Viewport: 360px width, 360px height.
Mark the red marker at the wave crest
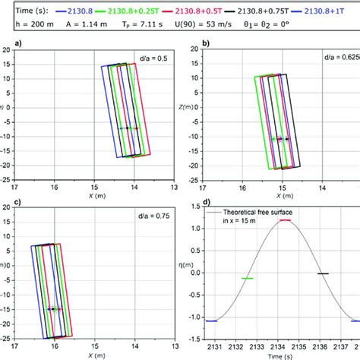[x=284, y=220]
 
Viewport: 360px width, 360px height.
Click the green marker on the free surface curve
[x=247, y=279]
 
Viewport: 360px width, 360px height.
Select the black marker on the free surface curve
[x=323, y=273]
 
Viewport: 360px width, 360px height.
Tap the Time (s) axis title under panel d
[x=285, y=355]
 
